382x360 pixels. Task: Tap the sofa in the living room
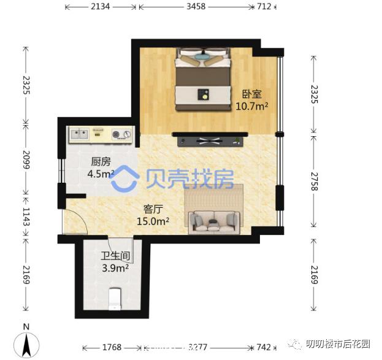click(214, 220)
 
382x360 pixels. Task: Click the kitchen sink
click(80, 132)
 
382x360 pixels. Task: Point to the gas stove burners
click(122, 134)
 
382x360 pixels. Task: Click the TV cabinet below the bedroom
click(208, 141)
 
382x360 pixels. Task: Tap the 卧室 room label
click(251, 94)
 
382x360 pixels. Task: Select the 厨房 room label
click(101, 162)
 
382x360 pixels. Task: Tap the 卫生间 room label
click(115, 256)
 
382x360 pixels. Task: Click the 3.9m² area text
click(115, 268)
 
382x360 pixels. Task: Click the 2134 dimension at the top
click(101, 7)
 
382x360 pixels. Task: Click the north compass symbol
click(26, 342)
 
